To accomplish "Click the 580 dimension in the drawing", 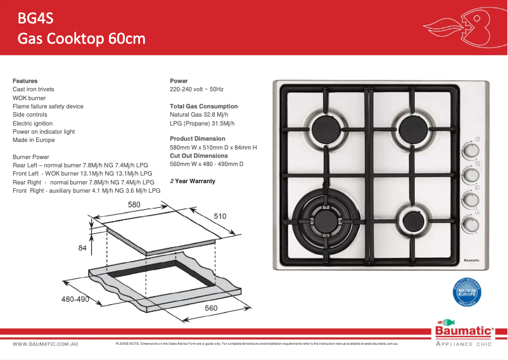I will coord(134,205).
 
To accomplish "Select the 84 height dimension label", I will coord(82,248).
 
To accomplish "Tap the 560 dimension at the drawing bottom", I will coord(211,308).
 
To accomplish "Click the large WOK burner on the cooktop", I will coord(327,220).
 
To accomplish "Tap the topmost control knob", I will coord(470,150).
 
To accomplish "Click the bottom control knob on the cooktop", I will coord(470,224).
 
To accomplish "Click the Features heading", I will coord(25,81).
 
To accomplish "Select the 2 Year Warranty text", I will coord(193,181).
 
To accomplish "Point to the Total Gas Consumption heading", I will coord(204,106).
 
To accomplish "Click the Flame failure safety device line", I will coord(48,106).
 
